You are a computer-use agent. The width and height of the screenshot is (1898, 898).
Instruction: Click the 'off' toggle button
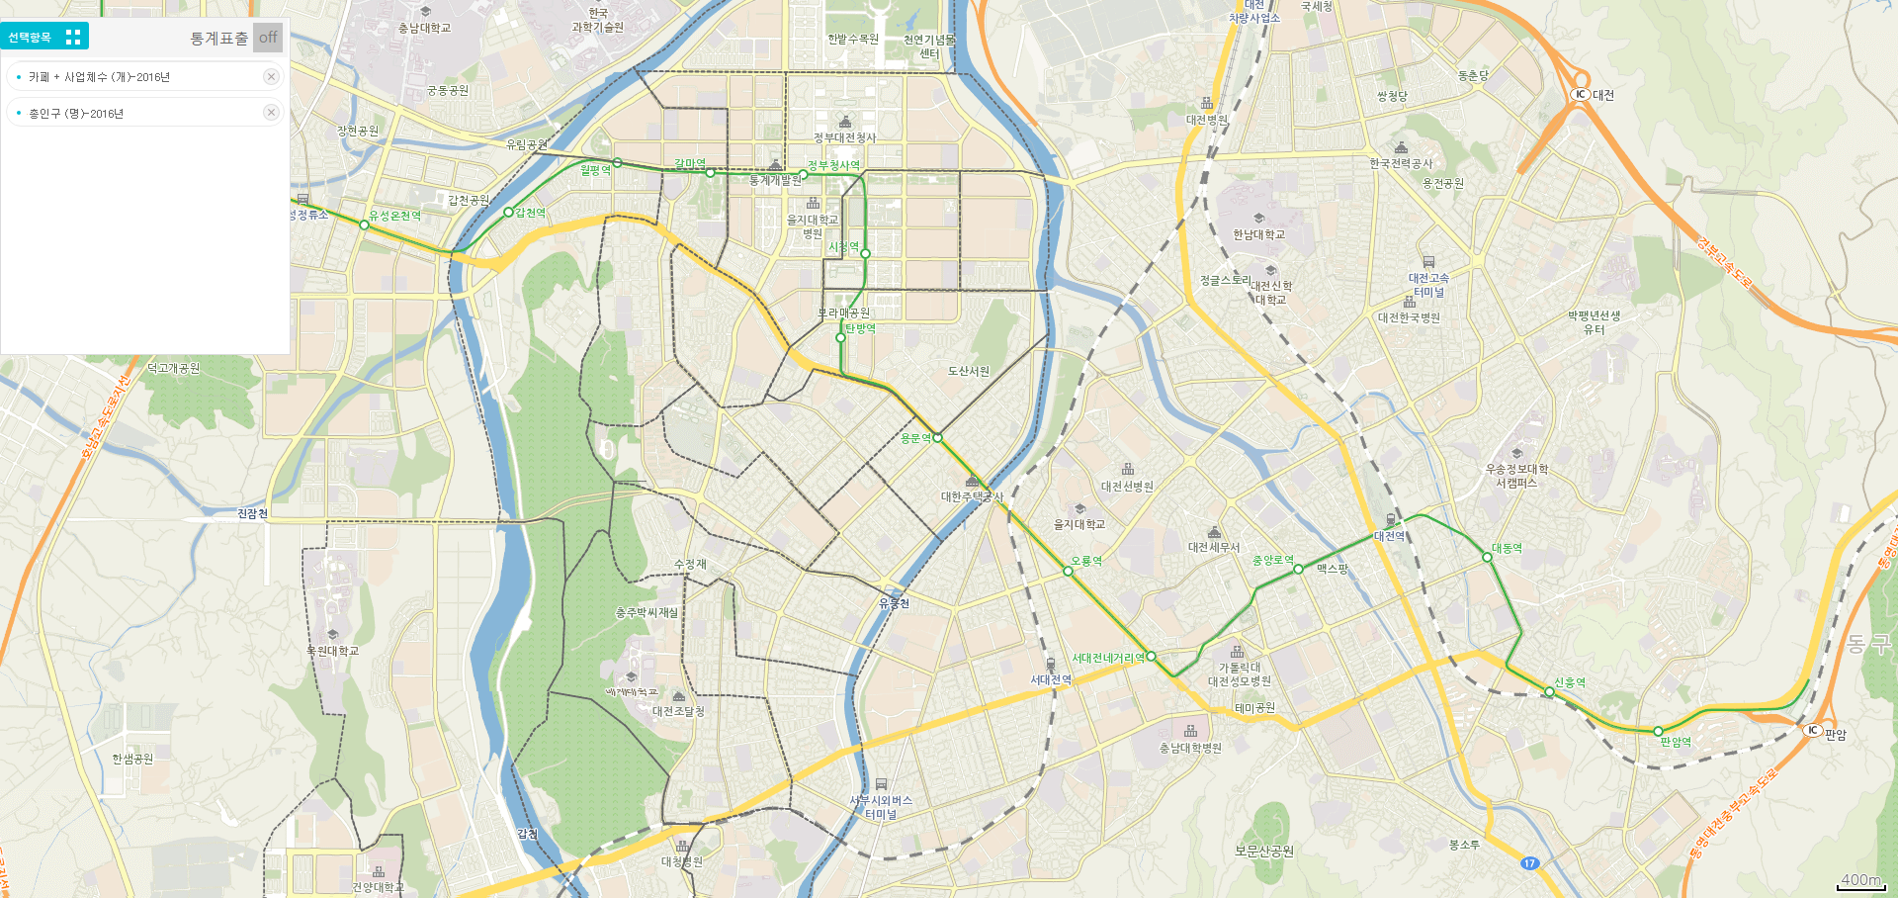[x=268, y=38]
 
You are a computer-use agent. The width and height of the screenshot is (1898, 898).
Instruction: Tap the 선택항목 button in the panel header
[x=44, y=37]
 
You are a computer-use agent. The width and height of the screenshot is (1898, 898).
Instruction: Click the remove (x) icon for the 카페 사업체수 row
[x=271, y=76]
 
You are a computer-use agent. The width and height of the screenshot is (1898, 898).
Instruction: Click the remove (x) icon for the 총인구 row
[x=271, y=113]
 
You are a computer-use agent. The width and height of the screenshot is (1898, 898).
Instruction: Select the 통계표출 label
[x=218, y=38]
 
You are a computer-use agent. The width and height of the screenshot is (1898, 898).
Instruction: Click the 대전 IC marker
[x=1581, y=94]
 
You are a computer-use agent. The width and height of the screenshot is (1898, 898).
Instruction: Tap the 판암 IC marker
[x=1812, y=730]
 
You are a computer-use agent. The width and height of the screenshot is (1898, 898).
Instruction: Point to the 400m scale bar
[x=1861, y=881]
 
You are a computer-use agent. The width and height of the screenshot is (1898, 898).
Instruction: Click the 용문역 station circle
[x=937, y=437]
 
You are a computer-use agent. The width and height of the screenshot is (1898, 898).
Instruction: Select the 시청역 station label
[x=843, y=246]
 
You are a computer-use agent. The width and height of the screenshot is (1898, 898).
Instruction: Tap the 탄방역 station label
[x=860, y=328]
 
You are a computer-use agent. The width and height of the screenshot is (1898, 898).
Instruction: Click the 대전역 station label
[x=1389, y=536]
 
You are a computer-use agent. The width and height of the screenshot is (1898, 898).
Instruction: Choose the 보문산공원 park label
[x=1263, y=851]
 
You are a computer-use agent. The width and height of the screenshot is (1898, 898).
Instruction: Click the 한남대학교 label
[x=1258, y=234]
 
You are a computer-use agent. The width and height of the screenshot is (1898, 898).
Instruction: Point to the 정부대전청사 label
[x=844, y=137]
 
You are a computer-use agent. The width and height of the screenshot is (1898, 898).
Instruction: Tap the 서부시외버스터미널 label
[x=881, y=806]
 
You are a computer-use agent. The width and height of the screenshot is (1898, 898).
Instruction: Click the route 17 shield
[x=1529, y=863]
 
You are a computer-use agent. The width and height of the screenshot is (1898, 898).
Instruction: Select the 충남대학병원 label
[x=1190, y=748]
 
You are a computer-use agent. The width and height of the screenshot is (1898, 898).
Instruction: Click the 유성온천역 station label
[x=395, y=216]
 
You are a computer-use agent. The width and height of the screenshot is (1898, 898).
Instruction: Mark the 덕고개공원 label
[x=174, y=368]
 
